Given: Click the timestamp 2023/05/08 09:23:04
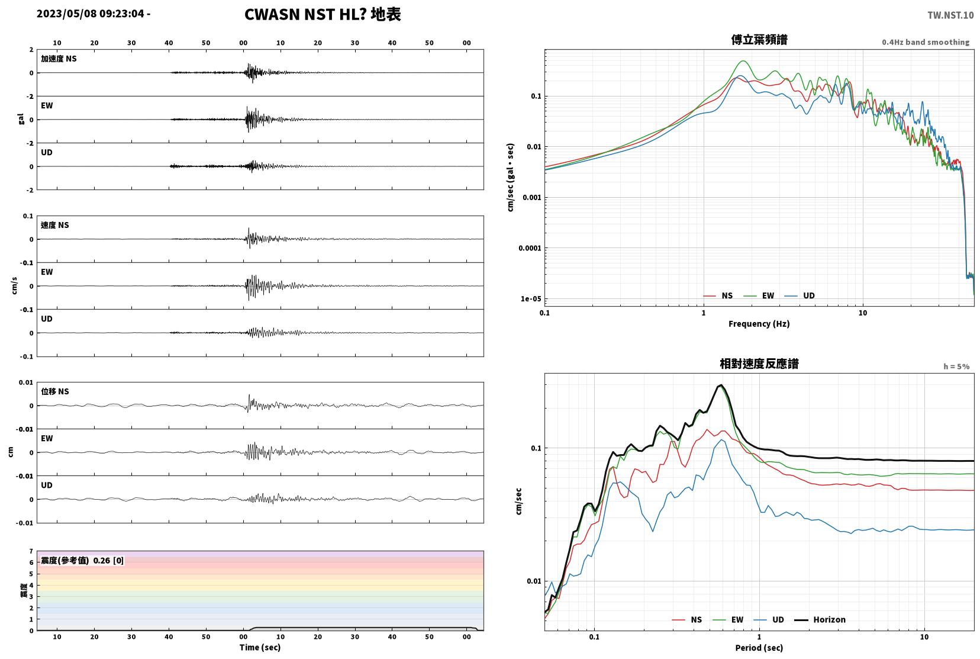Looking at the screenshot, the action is [x=91, y=14].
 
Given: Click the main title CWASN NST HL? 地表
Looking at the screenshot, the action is [x=323, y=14].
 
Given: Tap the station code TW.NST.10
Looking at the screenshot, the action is [x=950, y=15].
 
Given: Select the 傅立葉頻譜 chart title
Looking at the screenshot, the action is [x=759, y=40].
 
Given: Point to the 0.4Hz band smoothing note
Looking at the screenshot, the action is [x=926, y=42].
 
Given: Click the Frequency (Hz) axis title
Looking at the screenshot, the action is [x=759, y=324].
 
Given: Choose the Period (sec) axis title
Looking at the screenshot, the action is [x=759, y=648].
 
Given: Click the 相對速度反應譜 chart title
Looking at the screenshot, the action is [x=759, y=364].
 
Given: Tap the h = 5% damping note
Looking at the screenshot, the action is [x=956, y=367].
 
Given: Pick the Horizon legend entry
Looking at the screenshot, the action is [x=820, y=619].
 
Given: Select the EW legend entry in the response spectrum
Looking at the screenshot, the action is [x=728, y=619].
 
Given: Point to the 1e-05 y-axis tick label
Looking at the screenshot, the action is [x=531, y=299].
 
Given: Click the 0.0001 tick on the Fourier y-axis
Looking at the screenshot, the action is [x=530, y=248].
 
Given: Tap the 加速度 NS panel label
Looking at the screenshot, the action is [x=59, y=59].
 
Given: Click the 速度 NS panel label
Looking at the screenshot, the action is [x=54, y=225].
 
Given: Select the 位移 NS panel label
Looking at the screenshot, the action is [x=54, y=391].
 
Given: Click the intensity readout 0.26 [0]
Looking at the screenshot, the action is [x=108, y=561].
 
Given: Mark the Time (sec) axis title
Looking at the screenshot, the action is [x=260, y=647].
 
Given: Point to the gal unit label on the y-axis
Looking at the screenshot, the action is [x=21, y=119].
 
